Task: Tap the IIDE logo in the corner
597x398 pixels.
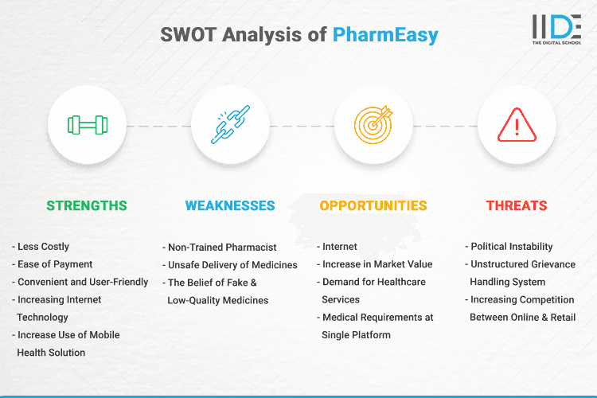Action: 556,29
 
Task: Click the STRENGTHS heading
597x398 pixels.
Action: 87,205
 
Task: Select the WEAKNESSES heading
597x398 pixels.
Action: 230,205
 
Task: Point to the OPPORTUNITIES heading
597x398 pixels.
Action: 373,205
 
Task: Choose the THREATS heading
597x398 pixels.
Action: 517,205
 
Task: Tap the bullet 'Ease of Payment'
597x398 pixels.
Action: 55,264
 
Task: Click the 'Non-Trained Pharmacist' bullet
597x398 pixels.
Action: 223,247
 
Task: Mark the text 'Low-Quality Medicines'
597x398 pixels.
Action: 218,300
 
